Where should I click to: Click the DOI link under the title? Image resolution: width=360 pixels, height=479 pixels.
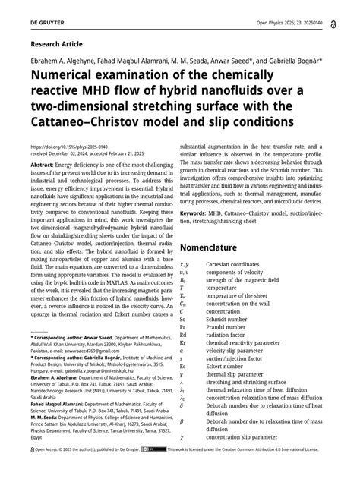[x=80, y=146]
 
